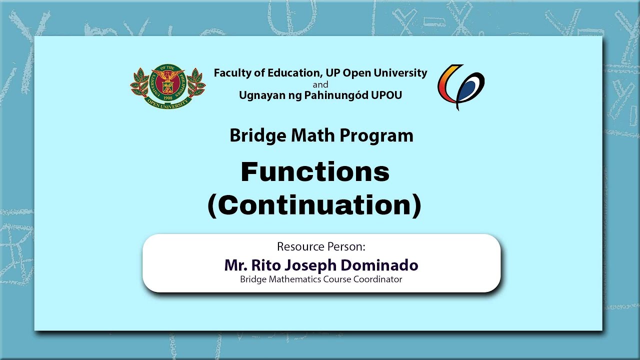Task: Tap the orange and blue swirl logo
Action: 461,87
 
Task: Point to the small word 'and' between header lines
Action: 320,84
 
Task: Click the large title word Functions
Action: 315,172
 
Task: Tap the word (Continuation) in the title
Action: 314,205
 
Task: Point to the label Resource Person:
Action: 321,246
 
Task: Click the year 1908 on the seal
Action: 167,98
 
